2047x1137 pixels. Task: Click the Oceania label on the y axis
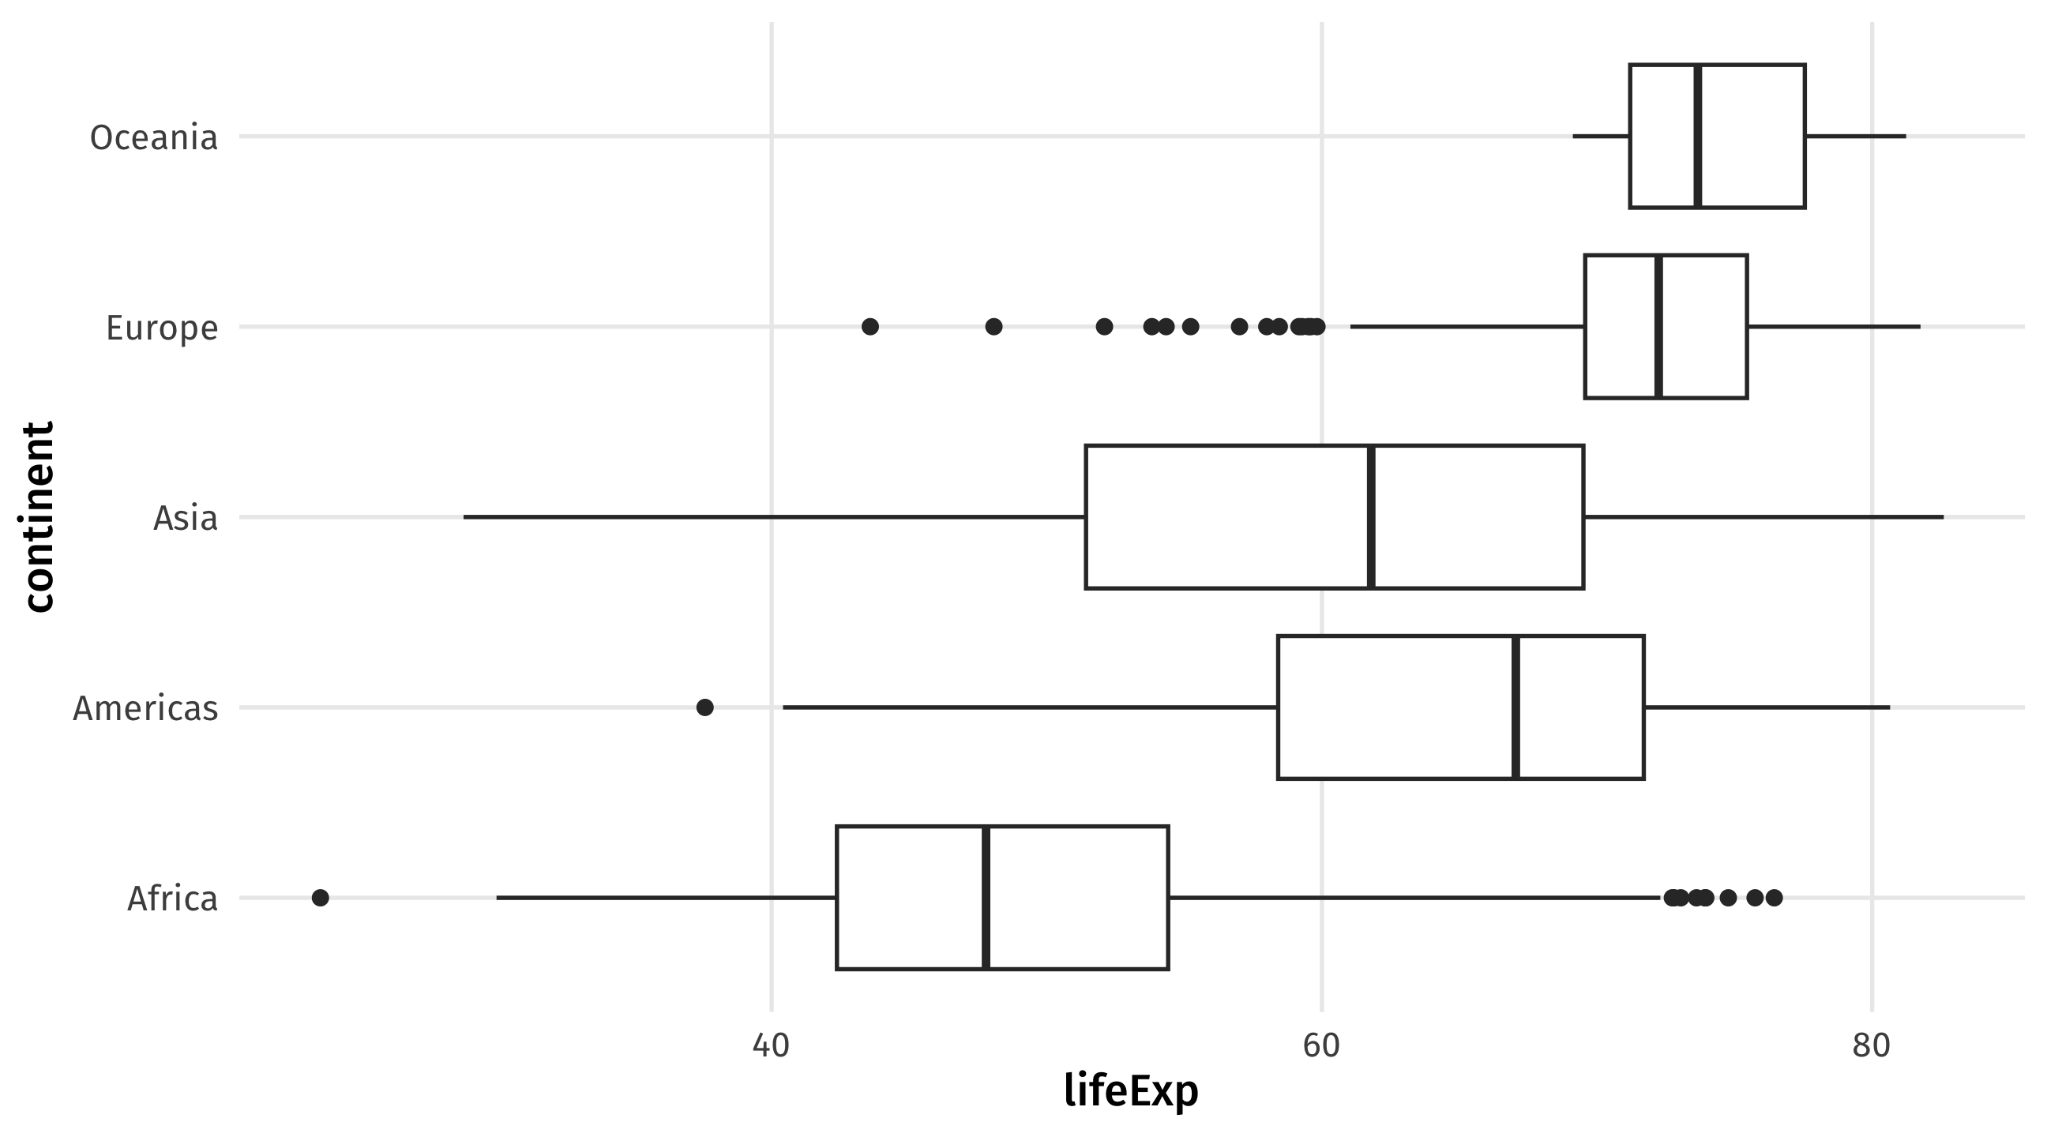coord(153,137)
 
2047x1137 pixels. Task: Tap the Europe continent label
coord(162,328)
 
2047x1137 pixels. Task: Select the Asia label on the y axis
coord(185,518)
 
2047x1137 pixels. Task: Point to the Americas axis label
coord(145,708)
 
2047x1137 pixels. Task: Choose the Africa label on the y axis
coord(172,899)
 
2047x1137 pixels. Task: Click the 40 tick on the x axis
coord(771,1045)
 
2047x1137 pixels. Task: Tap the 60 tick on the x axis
coord(1321,1045)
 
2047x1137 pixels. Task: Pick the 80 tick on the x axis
coord(1872,1045)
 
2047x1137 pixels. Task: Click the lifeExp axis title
coord(1131,1091)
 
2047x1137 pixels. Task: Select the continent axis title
coord(37,517)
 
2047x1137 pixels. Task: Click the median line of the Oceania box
coord(1697,136)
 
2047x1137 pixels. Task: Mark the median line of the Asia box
coord(1372,517)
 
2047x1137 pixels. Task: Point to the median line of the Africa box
coord(986,898)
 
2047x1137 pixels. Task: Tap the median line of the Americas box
coord(1516,707)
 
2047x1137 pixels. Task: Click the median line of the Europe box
coord(1658,327)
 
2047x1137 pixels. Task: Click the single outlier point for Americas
coord(705,707)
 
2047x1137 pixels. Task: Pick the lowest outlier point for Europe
coord(870,327)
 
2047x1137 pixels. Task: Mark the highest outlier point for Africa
coord(1774,898)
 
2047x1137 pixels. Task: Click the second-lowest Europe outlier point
coord(993,327)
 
